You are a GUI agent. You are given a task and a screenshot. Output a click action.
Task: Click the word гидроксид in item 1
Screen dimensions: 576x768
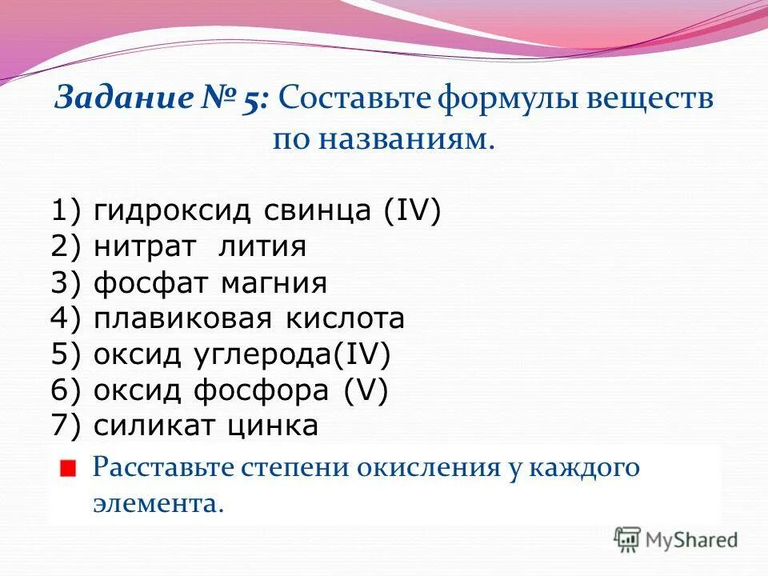175,212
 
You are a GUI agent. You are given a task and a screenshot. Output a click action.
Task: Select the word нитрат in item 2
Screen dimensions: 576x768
144,247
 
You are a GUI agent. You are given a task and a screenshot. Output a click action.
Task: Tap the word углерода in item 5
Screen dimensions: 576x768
270,354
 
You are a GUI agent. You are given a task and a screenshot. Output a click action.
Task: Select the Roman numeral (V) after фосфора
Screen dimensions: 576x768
366,390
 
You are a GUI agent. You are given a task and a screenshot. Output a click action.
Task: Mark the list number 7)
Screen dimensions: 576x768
67,426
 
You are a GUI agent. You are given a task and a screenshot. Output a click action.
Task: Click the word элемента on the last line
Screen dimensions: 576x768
157,503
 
